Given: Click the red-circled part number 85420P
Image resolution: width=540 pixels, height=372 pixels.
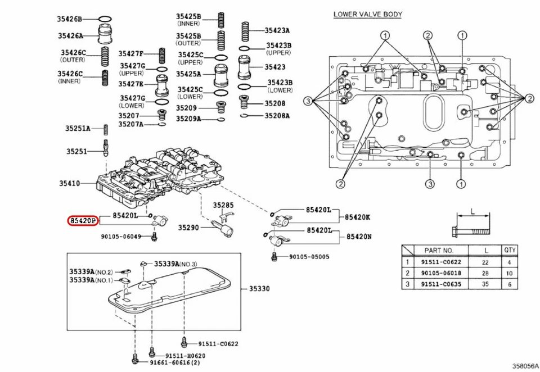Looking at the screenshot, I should click(83, 221).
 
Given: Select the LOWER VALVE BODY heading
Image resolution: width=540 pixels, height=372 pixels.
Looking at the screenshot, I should click(367, 14).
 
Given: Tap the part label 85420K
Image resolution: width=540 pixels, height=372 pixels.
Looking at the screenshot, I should click(358, 216).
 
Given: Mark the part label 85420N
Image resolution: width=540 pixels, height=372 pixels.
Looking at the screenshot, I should click(358, 237).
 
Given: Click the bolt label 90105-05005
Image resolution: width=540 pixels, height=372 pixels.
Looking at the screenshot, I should click(309, 257).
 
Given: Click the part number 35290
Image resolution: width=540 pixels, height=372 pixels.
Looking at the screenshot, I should click(190, 228).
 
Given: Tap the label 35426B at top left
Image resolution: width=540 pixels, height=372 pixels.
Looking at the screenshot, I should click(69, 19).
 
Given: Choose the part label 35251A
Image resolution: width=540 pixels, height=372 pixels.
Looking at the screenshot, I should click(77, 128).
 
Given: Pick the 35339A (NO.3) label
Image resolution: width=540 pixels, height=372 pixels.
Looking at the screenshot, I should click(176, 264).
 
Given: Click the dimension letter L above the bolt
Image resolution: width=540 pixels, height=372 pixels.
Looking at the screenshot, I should click(472, 212).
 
